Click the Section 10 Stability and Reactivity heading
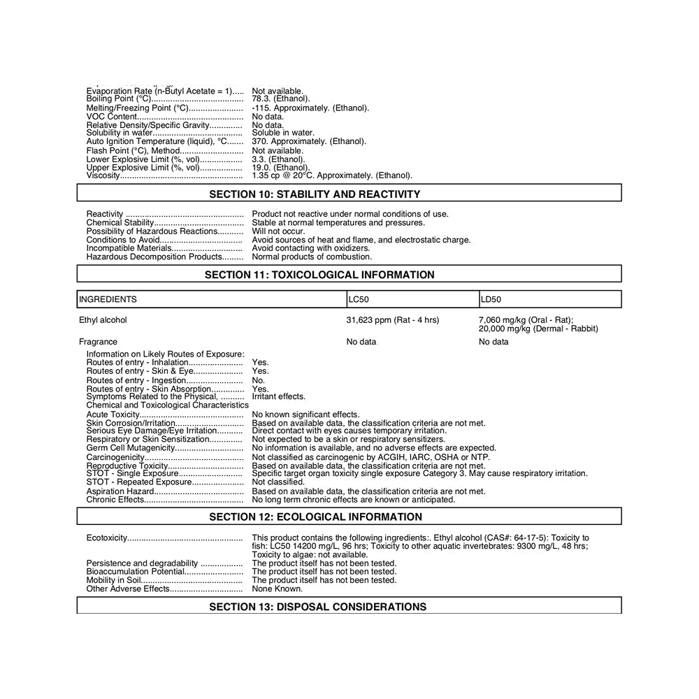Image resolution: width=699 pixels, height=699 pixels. (315, 194)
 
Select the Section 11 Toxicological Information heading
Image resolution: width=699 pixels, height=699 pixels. (319, 275)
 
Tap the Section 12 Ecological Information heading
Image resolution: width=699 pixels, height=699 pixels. (315, 517)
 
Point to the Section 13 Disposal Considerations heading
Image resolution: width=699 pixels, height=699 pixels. (317, 607)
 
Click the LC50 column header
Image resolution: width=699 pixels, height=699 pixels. (358, 300)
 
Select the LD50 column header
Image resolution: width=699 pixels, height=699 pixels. (491, 300)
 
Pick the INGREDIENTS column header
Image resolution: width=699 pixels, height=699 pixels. (108, 300)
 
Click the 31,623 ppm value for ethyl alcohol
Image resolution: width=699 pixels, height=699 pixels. (392, 320)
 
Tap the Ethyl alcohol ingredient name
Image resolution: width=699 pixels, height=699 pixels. (103, 320)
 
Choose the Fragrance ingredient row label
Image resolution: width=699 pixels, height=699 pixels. (98, 342)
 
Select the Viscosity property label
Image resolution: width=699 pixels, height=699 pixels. (103, 175)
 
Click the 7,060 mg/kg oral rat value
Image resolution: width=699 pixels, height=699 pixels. (525, 320)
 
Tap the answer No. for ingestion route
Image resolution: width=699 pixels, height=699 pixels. (258, 380)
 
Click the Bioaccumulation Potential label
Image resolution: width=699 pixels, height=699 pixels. (136, 571)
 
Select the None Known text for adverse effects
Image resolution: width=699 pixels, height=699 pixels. (277, 589)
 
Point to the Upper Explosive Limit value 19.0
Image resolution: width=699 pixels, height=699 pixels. (279, 167)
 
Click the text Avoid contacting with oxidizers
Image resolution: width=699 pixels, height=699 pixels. (310, 248)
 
